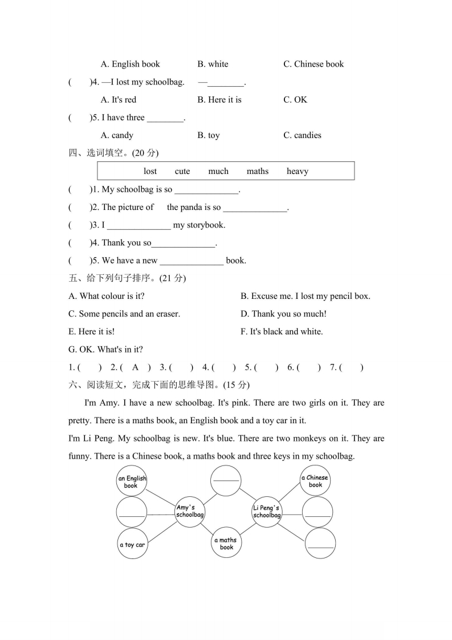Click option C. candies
point(302,135)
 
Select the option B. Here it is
point(219,100)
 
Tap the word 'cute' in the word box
point(182,171)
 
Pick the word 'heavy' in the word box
point(297,171)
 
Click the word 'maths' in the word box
point(258,171)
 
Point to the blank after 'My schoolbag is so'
point(206,190)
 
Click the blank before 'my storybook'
point(139,225)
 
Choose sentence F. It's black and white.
point(282,331)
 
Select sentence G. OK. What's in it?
point(105,349)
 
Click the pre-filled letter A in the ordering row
point(135,367)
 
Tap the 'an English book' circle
point(132,481)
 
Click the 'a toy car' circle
point(132,544)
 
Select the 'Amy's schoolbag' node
point(190,511)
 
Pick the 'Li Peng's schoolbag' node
point(267,511)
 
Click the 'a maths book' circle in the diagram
point(226,543)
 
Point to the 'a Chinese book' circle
point(315,481)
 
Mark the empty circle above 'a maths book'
point(226,480)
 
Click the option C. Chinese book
point(313,64)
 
